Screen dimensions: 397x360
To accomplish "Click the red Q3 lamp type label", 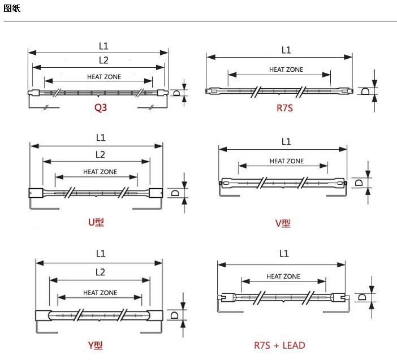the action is click(x=101, y=108).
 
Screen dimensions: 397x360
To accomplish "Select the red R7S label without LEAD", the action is click(x=284, y=108).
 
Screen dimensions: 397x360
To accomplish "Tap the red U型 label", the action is click(x=96, y=222).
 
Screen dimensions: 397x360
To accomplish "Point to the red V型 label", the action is click(x=283, y=223).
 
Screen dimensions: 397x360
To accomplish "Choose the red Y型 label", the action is click(x=95, y=345).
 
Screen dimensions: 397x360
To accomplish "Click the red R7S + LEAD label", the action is click(x=279, y=345).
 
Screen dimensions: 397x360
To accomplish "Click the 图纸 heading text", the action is click(x=12, y=8).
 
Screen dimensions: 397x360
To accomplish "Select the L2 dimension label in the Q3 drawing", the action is click(x=103, y=60).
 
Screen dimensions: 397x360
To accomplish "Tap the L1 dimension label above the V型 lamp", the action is click(x=286, y=142).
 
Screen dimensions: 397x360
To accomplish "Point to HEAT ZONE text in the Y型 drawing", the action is click(x=100, y=293).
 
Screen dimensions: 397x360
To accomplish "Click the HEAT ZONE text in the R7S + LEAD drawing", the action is click(x=283, y=276).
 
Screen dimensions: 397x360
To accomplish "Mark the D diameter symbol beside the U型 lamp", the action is click(x=175, y=193).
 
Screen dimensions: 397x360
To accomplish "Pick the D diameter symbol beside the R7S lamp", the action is click(x=365, y=91).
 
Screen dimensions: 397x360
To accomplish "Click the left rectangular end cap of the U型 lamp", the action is click(x=36, y=193).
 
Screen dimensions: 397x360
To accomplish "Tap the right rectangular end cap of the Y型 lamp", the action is click(x=156, y=315).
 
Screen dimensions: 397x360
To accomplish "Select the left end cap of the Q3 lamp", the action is click(x=34, y=93).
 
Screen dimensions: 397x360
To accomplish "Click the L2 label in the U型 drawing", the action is click(x=100, y=155).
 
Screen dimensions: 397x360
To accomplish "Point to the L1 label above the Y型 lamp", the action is click(x=101, y=254).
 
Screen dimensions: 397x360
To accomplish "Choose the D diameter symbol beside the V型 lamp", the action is click(x=359, y=183).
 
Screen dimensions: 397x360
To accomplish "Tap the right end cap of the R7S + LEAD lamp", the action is click(x=339, y=297).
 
